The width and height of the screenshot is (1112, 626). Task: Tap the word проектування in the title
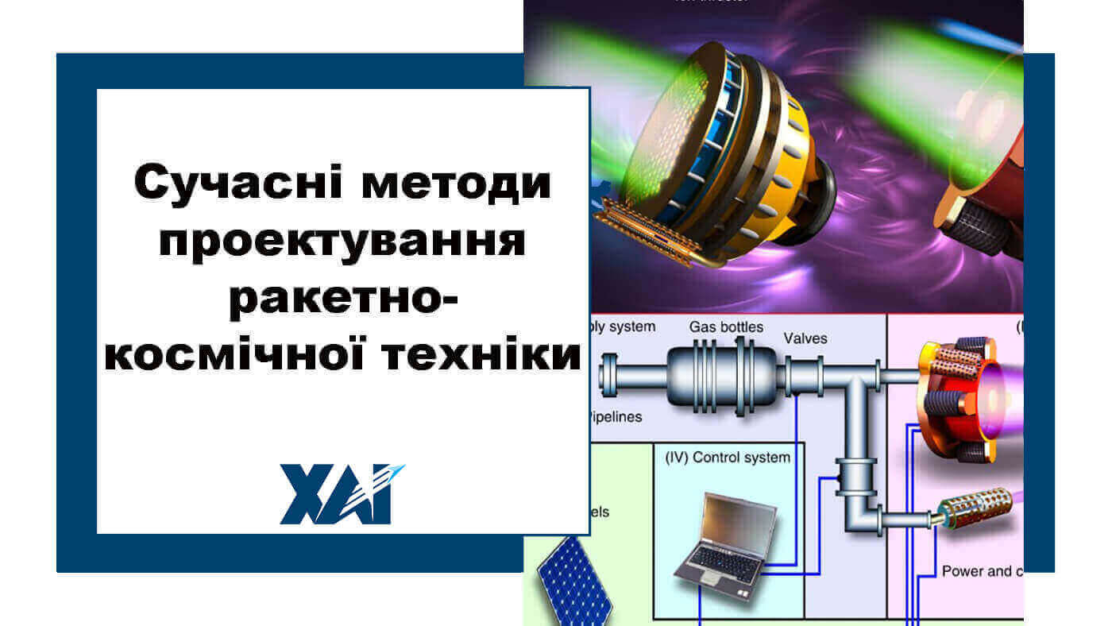pos(342,242)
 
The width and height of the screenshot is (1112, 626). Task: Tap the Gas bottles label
pos(726,327)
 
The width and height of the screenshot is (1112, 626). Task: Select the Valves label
pos(805,338)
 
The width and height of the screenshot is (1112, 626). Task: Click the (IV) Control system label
pos(728,457)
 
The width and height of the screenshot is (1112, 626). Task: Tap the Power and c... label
pos(982,570)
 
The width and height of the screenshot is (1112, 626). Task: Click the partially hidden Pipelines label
pos(615,416)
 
